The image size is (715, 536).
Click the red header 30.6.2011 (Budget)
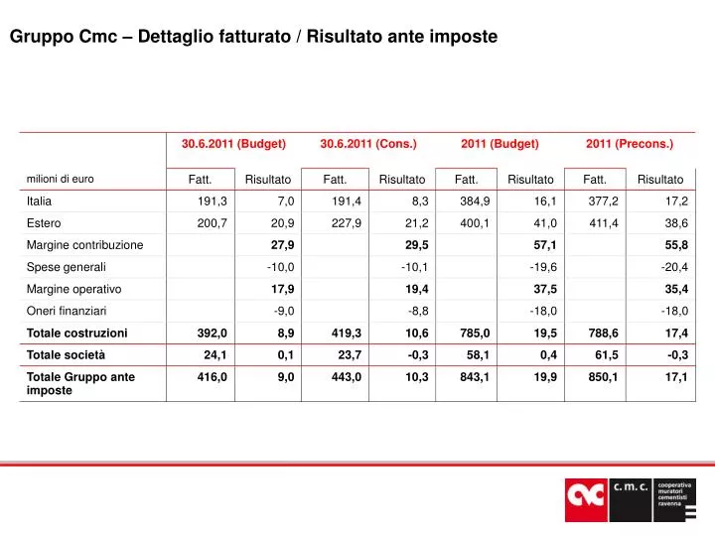click(233, 144)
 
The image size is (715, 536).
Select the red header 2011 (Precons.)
click(630, 144)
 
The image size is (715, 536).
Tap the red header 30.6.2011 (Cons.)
click(368, 144)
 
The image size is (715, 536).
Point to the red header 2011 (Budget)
click(500, 144)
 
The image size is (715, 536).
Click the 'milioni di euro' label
click(60, 179)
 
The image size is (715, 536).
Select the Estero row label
click(44, 223)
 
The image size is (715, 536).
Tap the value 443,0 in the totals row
click(347, 377)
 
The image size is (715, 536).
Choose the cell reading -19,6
click(543, 267)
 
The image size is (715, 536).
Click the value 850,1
click(603, 377)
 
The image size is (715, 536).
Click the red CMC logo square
click(587, 498)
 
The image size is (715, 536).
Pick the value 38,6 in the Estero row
click(676, 223)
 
